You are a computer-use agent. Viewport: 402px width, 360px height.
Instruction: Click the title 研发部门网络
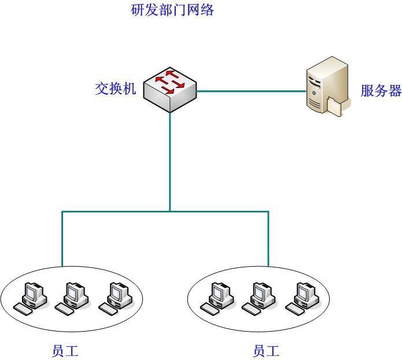(x=173, y=10)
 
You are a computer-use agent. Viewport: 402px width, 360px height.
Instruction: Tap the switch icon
(x=170, y=90)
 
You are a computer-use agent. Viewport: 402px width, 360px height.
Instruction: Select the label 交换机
(x=115, y=89)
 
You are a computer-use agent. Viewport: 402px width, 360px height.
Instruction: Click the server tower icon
(x=326, y=86)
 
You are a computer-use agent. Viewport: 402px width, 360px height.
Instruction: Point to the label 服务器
(x=381, y=91)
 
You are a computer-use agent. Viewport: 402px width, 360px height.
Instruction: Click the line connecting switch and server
(x=251, y=91)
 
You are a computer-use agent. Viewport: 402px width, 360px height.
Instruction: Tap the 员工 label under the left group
(x=65, y=351)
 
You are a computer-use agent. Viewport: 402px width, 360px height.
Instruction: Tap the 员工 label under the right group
(x=266, y=351)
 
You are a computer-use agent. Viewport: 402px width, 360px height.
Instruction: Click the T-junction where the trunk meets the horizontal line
(x=170, y=212)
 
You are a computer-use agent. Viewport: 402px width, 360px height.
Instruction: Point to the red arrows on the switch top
(x=171, y=81)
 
